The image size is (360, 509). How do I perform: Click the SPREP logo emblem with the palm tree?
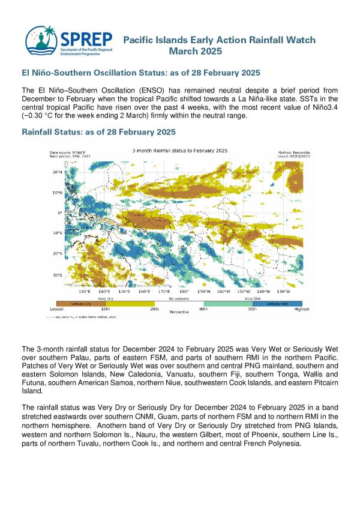tap(41, 41)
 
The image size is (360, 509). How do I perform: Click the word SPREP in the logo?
tap(86, 39)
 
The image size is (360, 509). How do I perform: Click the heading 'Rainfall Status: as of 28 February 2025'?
tap(98, 131)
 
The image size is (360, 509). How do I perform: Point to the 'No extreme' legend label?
tap(179, 297)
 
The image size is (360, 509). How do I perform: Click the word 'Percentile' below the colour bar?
tap(179, 313)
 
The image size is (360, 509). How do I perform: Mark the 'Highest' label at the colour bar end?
tap(301, 309)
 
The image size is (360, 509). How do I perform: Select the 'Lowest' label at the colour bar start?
tap(57, 309)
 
